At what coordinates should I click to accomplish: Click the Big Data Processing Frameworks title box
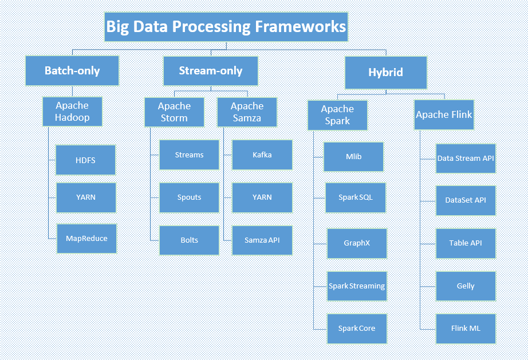coord(226,27)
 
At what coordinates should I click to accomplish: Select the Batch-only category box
coord(72,71)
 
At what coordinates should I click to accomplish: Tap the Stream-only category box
coord(210,71)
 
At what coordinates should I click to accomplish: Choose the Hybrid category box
coord(385,72)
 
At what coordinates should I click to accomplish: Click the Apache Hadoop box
coord(72,112)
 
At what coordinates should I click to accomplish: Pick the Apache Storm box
coord(174,112)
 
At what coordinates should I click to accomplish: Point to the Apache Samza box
coord(247,112)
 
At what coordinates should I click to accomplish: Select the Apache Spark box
coord(337,115)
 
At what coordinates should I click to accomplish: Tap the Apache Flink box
coord(444,114)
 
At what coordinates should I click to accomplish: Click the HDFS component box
coord(85,160)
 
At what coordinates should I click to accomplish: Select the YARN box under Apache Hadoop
coord(86,197)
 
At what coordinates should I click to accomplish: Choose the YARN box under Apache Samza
coord(262,197)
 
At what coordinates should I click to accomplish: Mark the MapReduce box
coord(86,239)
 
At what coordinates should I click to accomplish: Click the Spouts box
coord(189,197)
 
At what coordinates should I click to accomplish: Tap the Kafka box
coord(262,155)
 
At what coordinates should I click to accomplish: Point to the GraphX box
coord(357,243)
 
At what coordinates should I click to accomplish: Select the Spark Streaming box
coord(357,286)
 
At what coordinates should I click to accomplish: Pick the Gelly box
coord(466,286)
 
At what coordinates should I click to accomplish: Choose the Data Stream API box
coord(466,159)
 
